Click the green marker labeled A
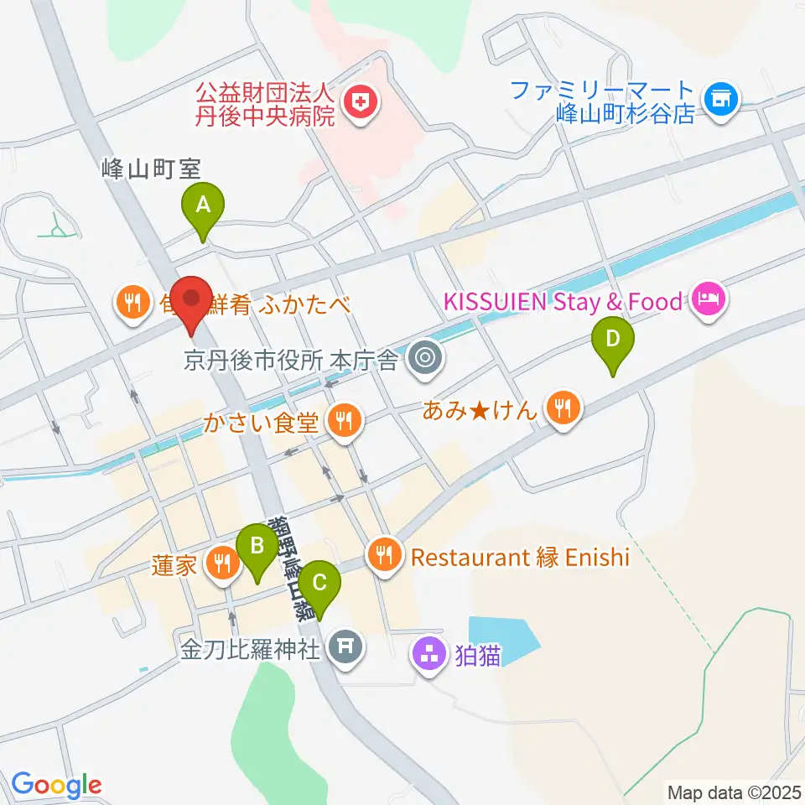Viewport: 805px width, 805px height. click(203, 205)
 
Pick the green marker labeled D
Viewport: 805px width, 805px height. click(613, 340)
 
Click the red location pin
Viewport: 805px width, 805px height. click(192, 299)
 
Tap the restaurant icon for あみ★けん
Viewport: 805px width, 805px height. click(560, 408)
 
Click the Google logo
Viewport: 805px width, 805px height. click(57, 785)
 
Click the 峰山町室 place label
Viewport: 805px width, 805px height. click(151, 169)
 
